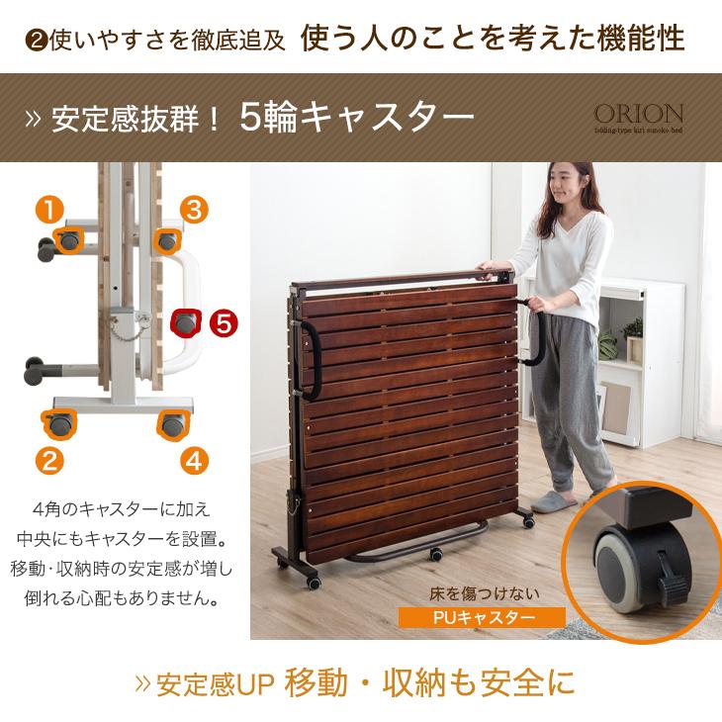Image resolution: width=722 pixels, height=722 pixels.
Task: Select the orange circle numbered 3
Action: pyautogui.click(x=194, y=210)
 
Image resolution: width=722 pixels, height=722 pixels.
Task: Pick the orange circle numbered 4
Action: pyautogui.click(x=194, y=459)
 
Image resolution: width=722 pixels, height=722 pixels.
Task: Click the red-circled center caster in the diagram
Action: pyautogui.click(x=185, y=322)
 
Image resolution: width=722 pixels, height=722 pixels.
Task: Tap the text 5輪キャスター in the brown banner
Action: pyautogui.click(x=356, y=117)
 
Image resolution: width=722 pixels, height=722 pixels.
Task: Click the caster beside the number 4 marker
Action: pyautogui.click(x=175, y=426)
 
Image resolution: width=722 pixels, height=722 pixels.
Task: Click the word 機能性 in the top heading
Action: pyautogui.click(x=645, y=39)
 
